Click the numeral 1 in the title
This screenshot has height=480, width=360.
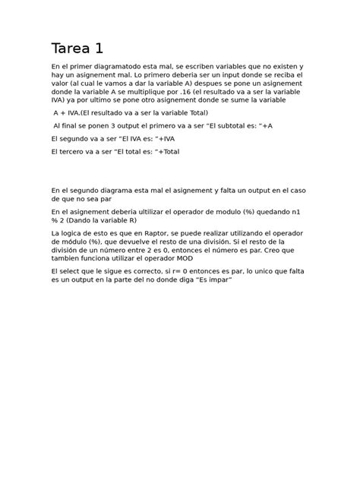[x=99, y=49]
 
